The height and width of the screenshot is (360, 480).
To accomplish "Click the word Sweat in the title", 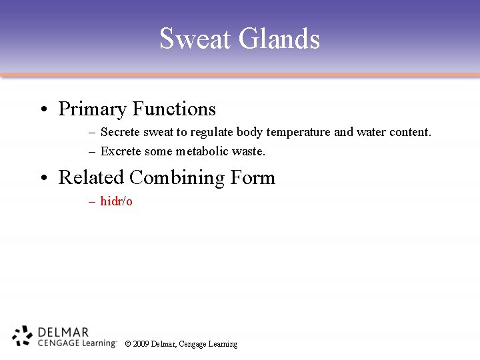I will pyautogui.click(x=195, y=39).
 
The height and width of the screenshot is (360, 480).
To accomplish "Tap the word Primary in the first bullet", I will pyautogui.click(x=92, y=109).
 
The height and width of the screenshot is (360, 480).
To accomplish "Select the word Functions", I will pyautogui.click(x=174, y=109).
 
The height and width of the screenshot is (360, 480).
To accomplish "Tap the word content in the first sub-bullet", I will pyautogui.click(x=411, y=132).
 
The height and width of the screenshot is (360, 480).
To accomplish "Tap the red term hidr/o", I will pyautogui.click(x=117, y=201).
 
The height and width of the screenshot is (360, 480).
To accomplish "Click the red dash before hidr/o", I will pyautogui.click(x=92, y=201).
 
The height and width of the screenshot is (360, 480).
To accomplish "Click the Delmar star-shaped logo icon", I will pyautogui.click(x=23, y=336).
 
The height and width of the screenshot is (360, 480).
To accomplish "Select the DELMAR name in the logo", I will pyautogui.click(x=63, y=331).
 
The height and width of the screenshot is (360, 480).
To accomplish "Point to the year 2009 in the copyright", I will pyautogui.click(x=141, y=344).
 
